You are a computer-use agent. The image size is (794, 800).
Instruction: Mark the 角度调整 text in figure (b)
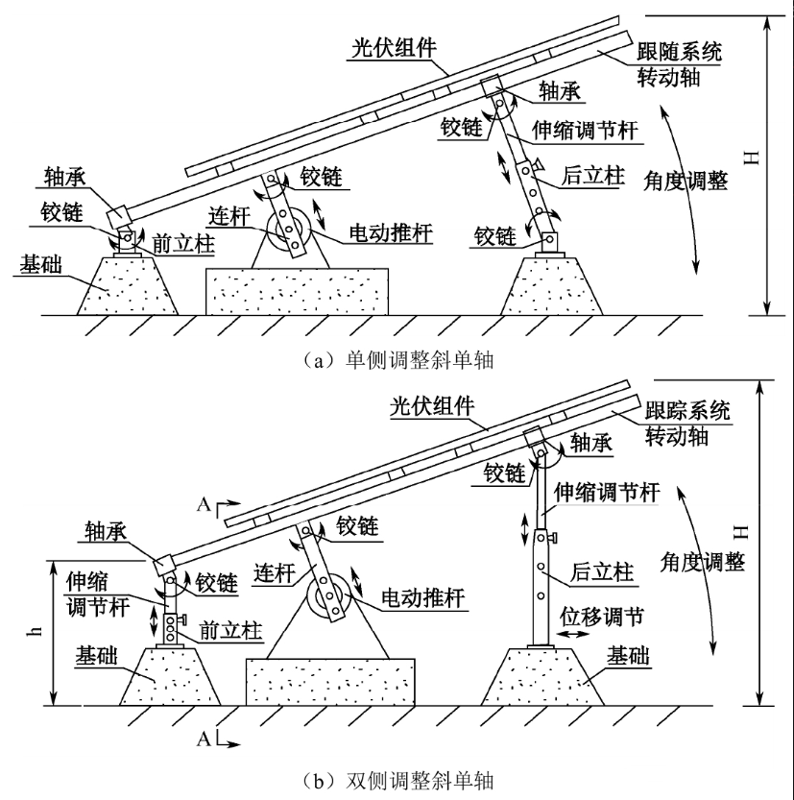point(710,563)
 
